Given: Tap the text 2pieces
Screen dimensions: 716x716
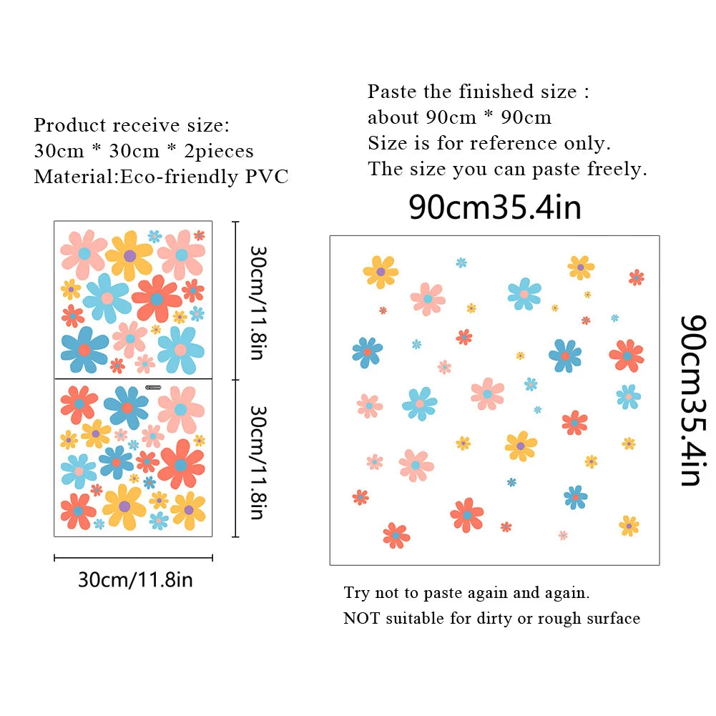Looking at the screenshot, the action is click(219, 151).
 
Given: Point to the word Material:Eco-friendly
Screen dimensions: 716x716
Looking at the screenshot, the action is click(136, 177).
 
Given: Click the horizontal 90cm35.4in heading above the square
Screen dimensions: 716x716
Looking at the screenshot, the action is click(495, 207).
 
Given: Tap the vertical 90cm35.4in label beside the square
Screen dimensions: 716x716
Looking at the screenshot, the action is click(693, 401).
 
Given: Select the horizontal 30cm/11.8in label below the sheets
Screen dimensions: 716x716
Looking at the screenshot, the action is click(136, 579).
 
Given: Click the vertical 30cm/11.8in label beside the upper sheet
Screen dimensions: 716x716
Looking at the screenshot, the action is click(258, 303).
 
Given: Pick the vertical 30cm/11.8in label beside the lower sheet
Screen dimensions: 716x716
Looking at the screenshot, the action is click(258, 463).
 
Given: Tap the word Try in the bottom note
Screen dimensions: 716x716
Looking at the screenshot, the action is click(356, 593).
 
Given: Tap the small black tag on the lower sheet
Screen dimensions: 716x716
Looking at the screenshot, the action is click(153, 387).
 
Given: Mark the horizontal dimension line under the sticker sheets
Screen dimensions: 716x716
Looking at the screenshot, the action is click(133, 557).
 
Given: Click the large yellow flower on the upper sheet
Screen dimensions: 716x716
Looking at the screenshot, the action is click(129, 256).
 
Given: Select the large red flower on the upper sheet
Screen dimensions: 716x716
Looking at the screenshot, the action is click(157, 299).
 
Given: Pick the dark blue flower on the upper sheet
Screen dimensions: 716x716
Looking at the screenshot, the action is click(84, 350).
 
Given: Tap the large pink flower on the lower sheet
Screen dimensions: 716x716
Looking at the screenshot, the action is click(181, 409).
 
